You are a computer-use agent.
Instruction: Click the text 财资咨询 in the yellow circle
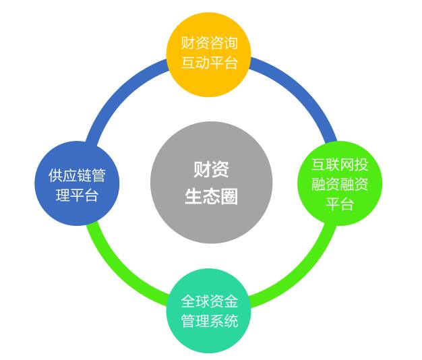pyautogui.click(x=209, y=44)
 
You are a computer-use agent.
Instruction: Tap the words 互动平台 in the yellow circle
pyautogui.click(x=209, y=64)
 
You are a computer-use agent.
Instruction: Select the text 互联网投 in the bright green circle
pyautogui.click(x=339, y=164)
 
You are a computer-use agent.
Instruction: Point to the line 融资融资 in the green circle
pyautogui.click(x=339, y=184)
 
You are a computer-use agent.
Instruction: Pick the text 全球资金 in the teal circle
pyautogui.click(x=209, y=301)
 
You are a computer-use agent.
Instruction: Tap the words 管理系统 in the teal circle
pyautogui.click(x=209, y=321)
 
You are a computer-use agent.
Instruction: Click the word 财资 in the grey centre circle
pyautogui.click(x=211, y=169)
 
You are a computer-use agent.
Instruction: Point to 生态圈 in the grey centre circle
pyautogui.click(x=211, y=196)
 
